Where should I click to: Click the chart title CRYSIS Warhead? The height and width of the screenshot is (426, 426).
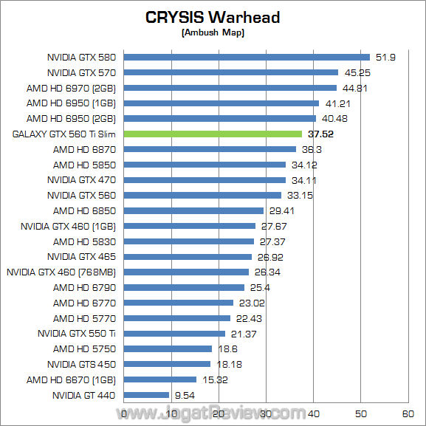[213, 17]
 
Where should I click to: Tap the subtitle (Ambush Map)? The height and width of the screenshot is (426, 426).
[213, 32]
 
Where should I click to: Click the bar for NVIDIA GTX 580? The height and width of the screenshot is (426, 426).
[247, 57]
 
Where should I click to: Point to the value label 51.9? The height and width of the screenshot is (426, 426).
[385, 57]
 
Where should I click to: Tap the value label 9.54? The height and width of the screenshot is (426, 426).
[185, 395]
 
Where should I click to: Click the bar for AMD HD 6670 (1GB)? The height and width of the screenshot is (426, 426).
[160, 379]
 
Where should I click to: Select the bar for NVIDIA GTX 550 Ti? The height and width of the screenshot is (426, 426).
[174, 334]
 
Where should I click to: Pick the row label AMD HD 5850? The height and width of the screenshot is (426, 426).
[84, 165]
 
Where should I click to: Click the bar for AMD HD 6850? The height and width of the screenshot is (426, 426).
[193, 210]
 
